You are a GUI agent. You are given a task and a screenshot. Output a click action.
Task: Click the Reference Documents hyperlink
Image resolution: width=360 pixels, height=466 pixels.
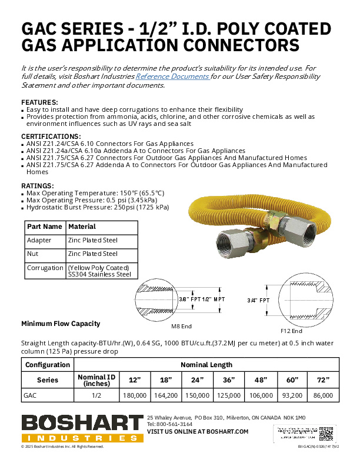click(172, 76)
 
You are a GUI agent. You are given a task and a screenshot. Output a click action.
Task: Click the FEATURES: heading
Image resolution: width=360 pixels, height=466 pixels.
click(39, 102)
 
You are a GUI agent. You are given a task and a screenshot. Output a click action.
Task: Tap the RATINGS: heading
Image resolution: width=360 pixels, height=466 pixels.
click(38, 186)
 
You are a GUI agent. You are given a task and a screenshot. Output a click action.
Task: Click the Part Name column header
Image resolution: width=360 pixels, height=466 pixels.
click(45, 227)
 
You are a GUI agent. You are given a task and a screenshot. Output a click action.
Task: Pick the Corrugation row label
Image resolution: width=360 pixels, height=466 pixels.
click(45, 268)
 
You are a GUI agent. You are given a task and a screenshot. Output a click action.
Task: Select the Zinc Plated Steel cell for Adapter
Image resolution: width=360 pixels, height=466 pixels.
click(93, 240)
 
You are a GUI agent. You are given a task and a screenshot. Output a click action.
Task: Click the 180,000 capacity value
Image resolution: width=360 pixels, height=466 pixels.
click(135, 396)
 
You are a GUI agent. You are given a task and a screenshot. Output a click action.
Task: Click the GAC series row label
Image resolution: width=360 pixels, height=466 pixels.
click(30, 396)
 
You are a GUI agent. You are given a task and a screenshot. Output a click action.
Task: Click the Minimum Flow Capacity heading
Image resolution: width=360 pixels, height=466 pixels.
click(61, 323)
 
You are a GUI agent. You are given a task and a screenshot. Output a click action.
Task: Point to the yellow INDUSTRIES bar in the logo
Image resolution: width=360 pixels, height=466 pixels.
click(82, 438)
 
